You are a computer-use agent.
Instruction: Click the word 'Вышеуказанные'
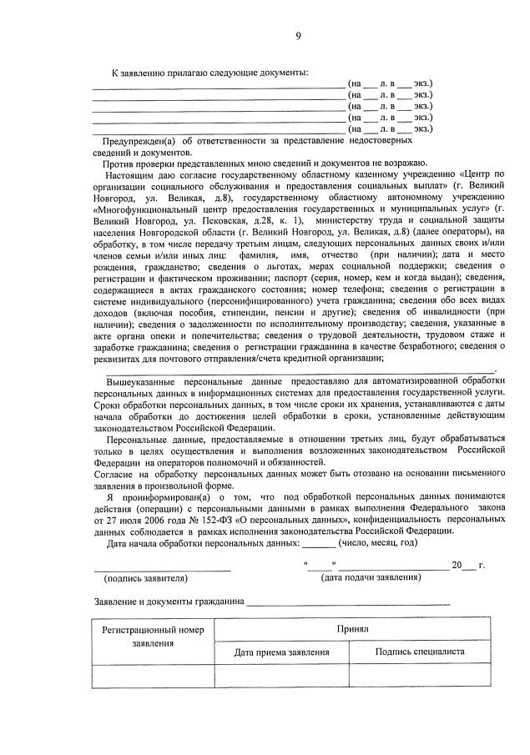pyautogui.click(x=139, y=380)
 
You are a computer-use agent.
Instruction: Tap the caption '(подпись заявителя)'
pyautogui.click(x=145, y=577)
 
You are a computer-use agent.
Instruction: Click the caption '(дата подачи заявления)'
pyautogui.click(x=371, y=577)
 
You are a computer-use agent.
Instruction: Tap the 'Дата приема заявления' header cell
pyautogui.click(x=276, y=652)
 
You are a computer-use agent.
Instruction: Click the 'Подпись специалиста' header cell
pyautogui.click(x=420, y=652)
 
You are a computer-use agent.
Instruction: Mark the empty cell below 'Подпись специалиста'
pyautogui.click(x=420, y=676)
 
